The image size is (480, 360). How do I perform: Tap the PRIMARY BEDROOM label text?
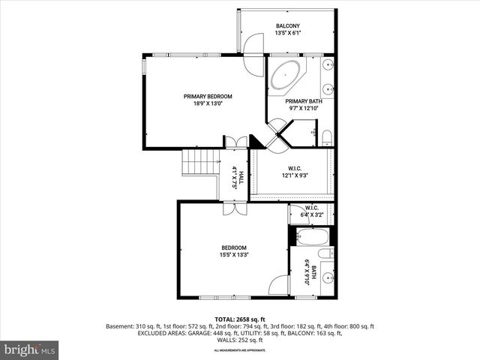tap(208, 96)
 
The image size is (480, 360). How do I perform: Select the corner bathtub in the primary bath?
tap(284, 76)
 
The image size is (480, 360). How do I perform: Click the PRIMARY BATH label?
tap(303, 101)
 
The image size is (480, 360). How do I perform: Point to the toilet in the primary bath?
tap(326, 136)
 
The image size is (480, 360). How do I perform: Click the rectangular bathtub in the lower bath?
tap(310, 238)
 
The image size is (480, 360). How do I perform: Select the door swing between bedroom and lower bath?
tap(279, 285)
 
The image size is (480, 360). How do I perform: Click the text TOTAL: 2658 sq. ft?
tap(239, 319)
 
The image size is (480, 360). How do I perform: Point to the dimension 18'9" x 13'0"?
tap(208, 105)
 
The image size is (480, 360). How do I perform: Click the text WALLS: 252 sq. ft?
tap(239, 340)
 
